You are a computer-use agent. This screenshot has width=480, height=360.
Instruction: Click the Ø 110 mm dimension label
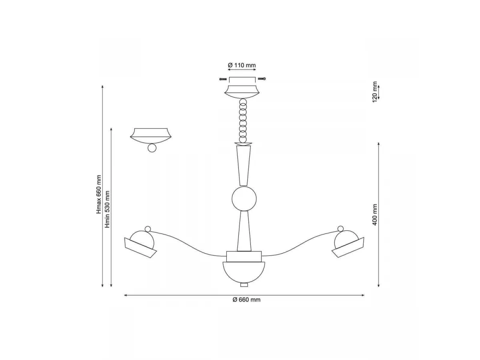coord(242,65)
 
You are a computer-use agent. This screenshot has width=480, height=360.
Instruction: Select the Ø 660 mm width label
coord(246,300)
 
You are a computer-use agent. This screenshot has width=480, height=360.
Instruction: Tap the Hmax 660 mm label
coord(99,194)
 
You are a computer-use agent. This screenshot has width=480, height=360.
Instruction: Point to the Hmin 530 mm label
coord(107,209)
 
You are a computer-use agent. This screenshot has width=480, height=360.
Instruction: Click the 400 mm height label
coord(374,215)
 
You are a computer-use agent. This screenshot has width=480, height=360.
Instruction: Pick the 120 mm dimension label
coord(375,92)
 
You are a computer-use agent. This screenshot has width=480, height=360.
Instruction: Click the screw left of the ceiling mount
coord(223,79)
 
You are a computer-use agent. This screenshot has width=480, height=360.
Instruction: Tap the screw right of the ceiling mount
coord(262,78)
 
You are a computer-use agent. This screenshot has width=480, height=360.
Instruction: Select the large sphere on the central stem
coord(244,198)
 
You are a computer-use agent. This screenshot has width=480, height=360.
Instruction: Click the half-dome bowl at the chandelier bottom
coord(244,272)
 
